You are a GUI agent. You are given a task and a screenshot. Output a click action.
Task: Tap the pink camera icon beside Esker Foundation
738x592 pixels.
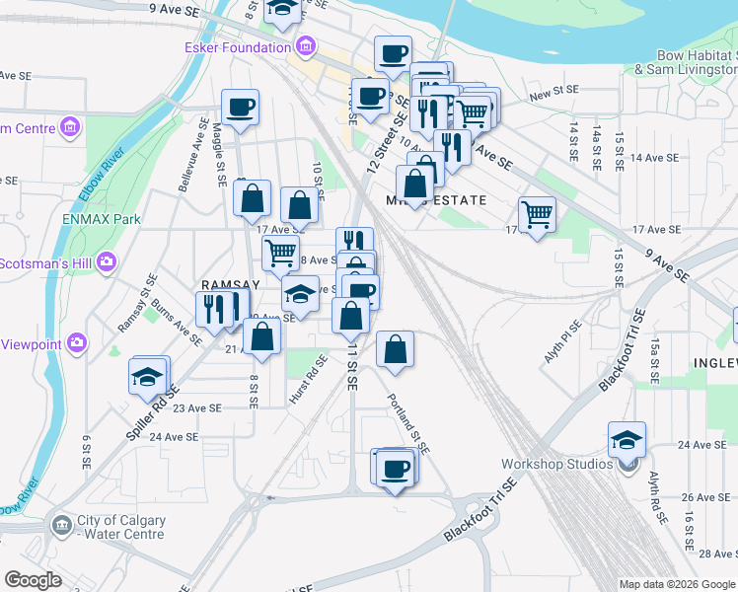(x=305, y=46)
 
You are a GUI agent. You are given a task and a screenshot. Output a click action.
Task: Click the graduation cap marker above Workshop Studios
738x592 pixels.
(x=627, y=440)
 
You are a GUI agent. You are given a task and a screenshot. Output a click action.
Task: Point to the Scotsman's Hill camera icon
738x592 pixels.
(x=108, y=262)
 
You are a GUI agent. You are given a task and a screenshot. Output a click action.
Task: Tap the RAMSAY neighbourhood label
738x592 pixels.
(x=230, y=283)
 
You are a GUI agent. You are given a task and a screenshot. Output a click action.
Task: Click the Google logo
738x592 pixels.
(x=33, y=580)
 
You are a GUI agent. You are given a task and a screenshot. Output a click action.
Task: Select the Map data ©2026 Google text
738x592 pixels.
(x=676, y=584)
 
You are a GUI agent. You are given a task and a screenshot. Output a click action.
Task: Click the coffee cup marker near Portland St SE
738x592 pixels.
(x=396, y=468)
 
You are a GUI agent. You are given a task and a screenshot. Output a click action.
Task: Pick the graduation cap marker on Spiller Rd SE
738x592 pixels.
(x=147, y=378)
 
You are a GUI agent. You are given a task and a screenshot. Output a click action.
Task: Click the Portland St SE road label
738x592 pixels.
(x=408, y=423)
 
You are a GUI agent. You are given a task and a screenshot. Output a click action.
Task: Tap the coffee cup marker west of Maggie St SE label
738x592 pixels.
(x=240, y=108)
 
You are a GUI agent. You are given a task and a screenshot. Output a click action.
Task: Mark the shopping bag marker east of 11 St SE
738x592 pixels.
(x=395, y=349)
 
